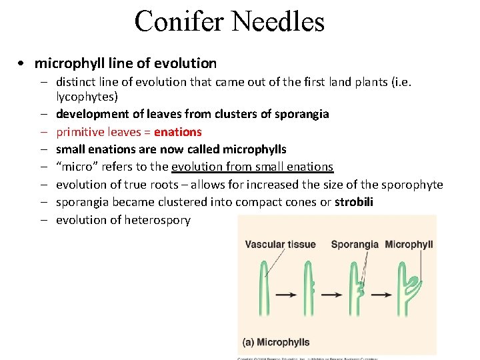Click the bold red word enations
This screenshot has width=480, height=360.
pos(178,132)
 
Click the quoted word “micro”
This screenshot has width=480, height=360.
pos(75,167)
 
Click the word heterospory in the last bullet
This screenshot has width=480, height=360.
pos(157,219)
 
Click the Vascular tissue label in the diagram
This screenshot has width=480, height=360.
pos(280,245)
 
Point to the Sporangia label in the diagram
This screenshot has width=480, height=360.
pos(355,245)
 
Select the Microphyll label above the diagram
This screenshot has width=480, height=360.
pos(409,245)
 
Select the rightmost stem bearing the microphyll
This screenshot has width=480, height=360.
pos(403,293)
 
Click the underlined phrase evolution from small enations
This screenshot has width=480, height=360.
pos(253,167)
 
